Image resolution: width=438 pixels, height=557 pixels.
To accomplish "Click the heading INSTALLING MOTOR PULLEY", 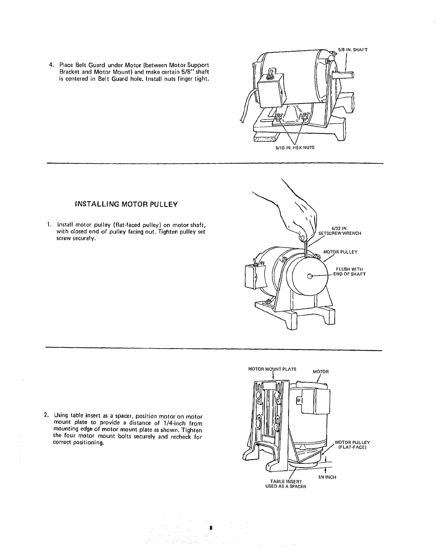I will tap(126, 204).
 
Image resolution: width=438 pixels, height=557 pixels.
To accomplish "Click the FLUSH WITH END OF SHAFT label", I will tap(349, 272).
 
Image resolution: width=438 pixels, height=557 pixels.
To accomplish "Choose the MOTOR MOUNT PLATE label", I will tap(272, 369).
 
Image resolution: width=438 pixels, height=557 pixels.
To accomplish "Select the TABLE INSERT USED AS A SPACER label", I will tap(286, 484).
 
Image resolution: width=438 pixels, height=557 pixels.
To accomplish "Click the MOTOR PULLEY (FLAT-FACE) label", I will tap(352, 445).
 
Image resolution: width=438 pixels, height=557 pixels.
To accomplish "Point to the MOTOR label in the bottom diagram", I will tap(321, 372).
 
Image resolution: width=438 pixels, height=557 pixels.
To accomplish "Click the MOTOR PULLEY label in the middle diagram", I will tap(340, 252).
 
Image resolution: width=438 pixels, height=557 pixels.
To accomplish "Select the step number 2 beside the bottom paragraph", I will tap(47, 417).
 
